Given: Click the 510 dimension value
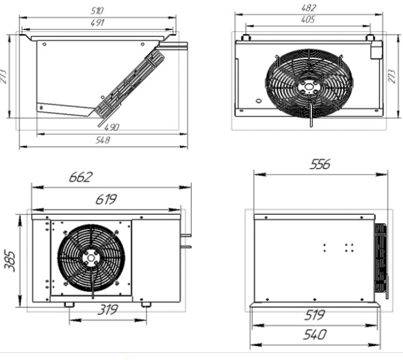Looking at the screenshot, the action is (97, 10).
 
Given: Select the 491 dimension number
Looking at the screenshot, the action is (97, 23).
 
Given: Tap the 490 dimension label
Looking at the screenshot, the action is (112, 127).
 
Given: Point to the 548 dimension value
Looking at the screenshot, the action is (103, 140).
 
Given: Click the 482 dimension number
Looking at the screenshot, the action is (309, 8).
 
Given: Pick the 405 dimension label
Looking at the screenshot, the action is (307, 19).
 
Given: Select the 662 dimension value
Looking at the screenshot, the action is (81, 177).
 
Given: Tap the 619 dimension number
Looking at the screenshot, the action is (106, 199).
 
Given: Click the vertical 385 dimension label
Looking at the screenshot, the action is (10, 261).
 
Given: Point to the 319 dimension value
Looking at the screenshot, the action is (108, 309).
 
